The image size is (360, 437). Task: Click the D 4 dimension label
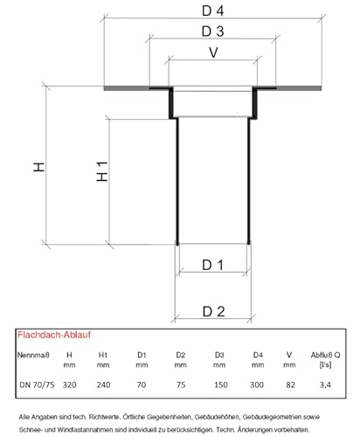[213, 10]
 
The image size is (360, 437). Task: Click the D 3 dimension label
[213, 31]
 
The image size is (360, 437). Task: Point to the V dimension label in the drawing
[213, 52]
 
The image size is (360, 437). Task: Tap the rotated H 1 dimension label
[102, 171]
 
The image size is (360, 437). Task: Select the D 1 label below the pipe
[212, 265]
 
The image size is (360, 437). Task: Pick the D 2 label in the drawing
[213, 312]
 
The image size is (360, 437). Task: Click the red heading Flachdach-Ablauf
[54, 335]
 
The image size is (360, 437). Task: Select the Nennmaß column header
[33, 355]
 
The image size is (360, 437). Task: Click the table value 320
[69, 385]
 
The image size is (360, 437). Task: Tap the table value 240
[103, 385]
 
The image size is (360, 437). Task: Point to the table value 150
[221, 385]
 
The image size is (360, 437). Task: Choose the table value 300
[257, 385]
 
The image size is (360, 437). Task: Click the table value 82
[290, 385]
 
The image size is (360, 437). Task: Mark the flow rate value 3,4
[325, 385]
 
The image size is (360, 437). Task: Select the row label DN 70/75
[37, 385]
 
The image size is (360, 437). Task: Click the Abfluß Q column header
[325, 355]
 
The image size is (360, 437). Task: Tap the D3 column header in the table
[219, 355]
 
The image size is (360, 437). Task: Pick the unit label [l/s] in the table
[325, 364]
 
